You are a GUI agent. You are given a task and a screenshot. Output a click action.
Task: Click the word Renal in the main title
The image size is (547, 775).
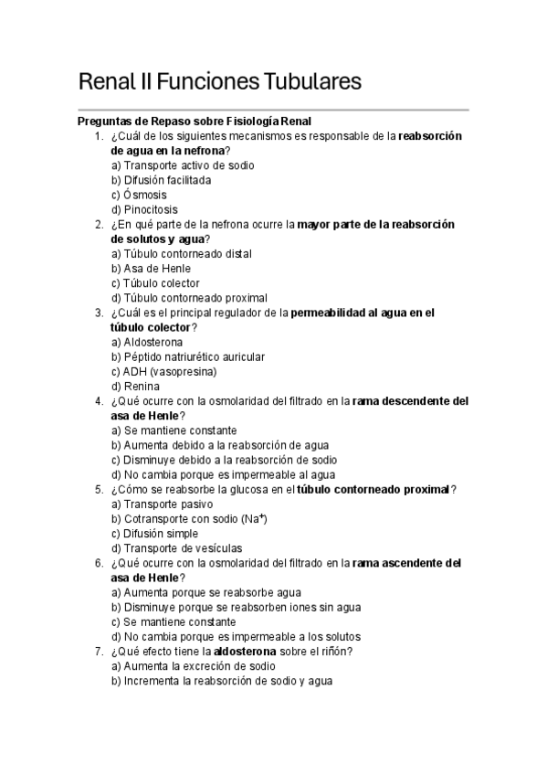pyautogui.click(x=107, y=81)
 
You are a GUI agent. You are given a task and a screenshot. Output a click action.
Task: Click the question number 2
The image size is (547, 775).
pyautogui.click(x=98, y=224)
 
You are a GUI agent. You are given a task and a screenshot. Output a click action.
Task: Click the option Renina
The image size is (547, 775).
pyautogui.click(x=135, y=386)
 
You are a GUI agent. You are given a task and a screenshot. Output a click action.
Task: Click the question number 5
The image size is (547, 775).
pyautogui.click(x=98, y=489)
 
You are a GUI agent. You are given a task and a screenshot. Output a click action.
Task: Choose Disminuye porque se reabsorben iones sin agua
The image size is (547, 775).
pyautogui.click(x=236, y=607)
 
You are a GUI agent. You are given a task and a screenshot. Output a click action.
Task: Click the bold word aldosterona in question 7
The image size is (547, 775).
pyautogui.click(x=242, y=651)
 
